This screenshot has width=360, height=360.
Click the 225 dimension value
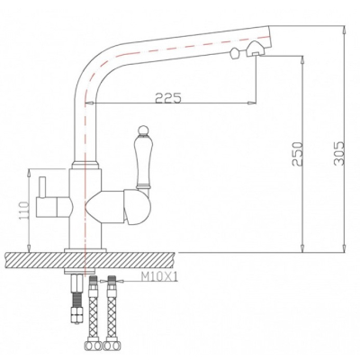(x=168, y=97)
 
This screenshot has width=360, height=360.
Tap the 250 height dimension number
(x=298, y=153)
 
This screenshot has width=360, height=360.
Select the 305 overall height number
(x=338, y=153)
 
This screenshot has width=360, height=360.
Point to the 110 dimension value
(x=24, y=210)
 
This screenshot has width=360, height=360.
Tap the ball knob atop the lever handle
(x=142, y=130)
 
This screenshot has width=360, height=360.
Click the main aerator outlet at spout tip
(x=255, y=50)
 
